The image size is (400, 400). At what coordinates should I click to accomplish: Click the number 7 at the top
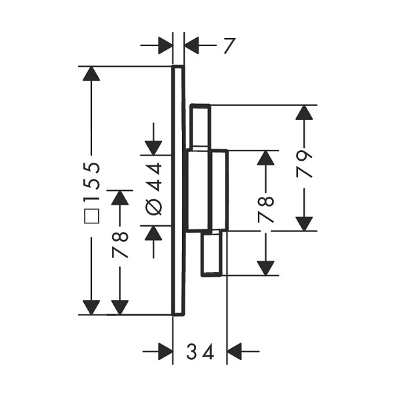229,46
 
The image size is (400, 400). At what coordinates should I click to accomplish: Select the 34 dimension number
200,351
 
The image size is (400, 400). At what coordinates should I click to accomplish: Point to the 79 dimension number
305,164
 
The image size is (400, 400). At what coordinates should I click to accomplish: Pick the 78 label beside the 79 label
265,209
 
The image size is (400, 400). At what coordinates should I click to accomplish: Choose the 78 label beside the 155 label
120,245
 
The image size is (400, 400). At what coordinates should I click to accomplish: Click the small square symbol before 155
91,216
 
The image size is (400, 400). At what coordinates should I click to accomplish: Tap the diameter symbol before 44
154,207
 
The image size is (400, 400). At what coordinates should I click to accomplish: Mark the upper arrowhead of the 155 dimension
91,73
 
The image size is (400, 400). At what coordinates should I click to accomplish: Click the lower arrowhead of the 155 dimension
91,307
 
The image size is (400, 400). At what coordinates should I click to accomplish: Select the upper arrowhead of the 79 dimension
304,113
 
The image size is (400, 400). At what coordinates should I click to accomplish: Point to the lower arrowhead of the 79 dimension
304,224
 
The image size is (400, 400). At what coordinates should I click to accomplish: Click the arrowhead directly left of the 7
191,45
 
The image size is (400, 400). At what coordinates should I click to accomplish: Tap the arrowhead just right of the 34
234,351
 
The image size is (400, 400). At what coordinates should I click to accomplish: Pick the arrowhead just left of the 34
165,351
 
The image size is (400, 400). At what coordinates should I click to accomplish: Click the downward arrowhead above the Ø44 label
153,148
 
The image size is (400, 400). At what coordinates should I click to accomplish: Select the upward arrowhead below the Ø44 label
153,233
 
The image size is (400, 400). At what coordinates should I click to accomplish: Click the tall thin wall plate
178,191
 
